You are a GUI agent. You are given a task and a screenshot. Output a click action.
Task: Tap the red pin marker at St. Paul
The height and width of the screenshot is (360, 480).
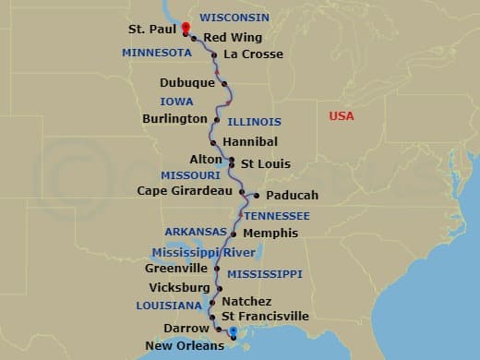click(x=186, y=28)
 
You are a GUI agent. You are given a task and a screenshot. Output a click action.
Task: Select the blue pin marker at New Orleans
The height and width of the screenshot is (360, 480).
click(x=233, y=332)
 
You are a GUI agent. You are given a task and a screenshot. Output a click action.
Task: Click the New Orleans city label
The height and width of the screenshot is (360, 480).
click(x=185, y=346)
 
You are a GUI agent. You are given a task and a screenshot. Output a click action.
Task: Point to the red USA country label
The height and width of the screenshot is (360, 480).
click(x=342, y=115)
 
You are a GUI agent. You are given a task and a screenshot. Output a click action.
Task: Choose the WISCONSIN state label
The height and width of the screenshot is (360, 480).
click(x=234, y=18)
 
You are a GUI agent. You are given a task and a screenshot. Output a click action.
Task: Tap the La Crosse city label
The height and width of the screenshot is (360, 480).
click(x=253, y=54)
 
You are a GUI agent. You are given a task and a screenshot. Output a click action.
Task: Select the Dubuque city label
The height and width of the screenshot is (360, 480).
click(x=187, y=83)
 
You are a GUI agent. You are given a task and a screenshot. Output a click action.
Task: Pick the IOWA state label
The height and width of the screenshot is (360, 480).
click(x=176, y=102)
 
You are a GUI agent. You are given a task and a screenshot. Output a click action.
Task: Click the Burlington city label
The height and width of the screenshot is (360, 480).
click(x=174, y=119)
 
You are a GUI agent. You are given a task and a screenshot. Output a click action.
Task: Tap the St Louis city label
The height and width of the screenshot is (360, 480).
click(x=265, y=164)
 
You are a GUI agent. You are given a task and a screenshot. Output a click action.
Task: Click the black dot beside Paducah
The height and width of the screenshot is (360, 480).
click(x=255, y=195)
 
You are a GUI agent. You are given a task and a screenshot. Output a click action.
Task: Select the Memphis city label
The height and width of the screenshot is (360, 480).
click(x=270, y=234)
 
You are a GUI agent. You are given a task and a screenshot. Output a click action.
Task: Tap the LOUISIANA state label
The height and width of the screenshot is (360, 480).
click(x=169, y=306)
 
